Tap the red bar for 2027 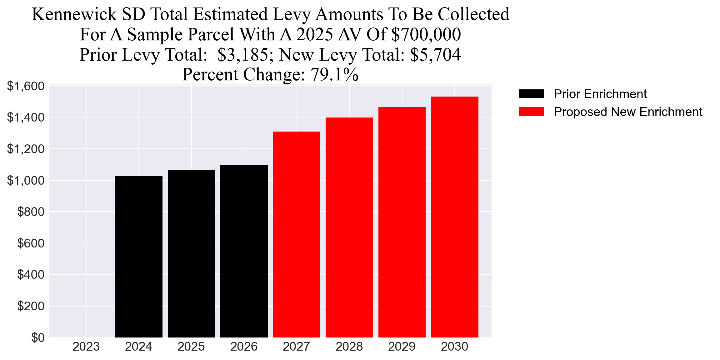[x=297, y=234]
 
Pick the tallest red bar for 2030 [x=454, y=217]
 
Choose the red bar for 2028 [x=349, y=227]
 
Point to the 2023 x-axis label [x=86, y=347]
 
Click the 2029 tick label [x=402, y=347]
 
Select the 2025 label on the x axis [x=191, y=347]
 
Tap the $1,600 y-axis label [x=26, y=86]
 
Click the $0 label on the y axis [x=38, y=337]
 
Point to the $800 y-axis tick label [x=31, y=212]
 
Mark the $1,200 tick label [x=26, y=149]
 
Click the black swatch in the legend [x=531, y=94]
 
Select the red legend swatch [x=531, y=112]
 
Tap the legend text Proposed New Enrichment [x=628, y=112]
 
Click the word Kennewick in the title [x=74, y=14]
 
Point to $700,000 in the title [x=426, y=34]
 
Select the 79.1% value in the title [x=334, y=75]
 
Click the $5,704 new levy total [x=435, y=55]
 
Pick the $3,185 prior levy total [x=242, y=55]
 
